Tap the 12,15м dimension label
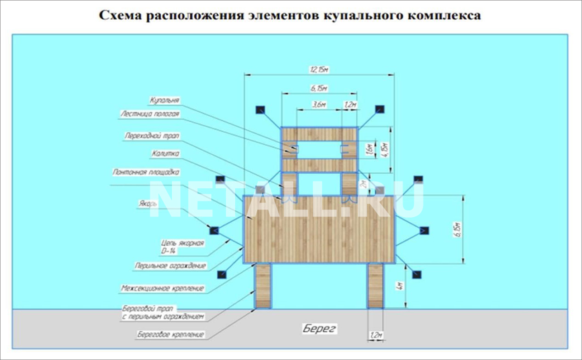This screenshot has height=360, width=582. [x=319, y=70]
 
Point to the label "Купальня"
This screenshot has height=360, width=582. [x=164, y=100]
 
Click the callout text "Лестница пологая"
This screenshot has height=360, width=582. [x=150, y=114]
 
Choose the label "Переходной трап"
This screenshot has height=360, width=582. [x=152, y=136]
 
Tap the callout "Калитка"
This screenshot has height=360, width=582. [x=165, y=154]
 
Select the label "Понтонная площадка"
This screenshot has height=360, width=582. [x=146, y=172]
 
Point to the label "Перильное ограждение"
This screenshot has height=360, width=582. [x=170, y=265]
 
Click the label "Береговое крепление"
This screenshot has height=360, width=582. [x=170, y=334]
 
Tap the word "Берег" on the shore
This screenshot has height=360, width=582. [x=320, y=328]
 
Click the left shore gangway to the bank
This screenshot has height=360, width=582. [x=263, y=285]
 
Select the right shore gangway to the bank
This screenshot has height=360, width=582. [x=375, y=285]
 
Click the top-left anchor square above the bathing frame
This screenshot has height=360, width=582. [x=260, y=109]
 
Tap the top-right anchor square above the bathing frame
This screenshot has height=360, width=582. [x=379, y=109]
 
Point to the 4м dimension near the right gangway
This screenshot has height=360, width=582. [x=401, y=286]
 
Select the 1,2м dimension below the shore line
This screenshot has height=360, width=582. [x=376, y=335]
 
